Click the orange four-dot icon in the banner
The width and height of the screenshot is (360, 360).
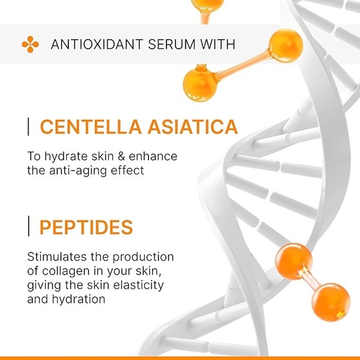click(30, 44)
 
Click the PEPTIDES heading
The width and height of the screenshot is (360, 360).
click(86, 227)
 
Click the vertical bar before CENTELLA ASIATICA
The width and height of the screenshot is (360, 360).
click(29, 127)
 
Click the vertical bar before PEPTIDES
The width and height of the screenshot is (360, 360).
click(29, 227)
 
